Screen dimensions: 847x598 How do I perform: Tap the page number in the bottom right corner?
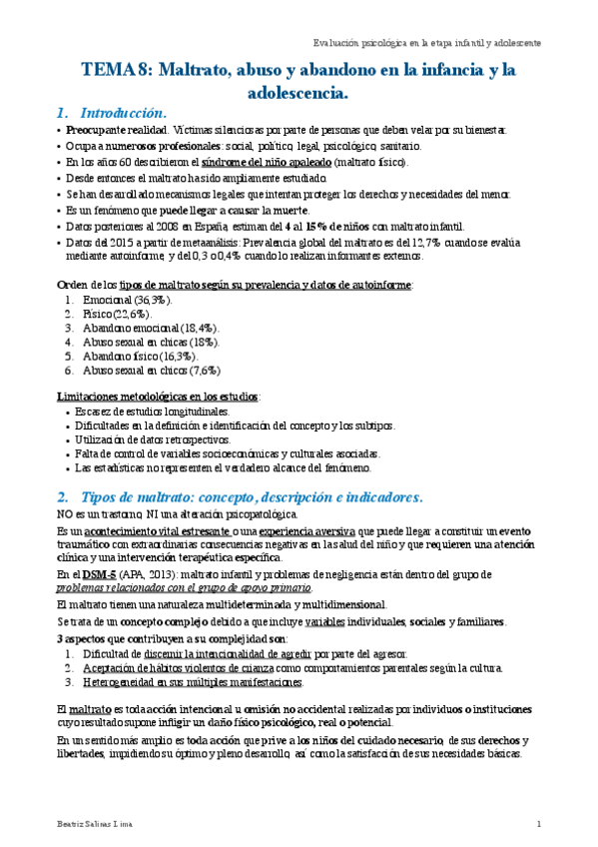(538, 824)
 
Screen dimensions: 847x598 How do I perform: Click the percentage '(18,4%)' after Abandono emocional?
(195, 328)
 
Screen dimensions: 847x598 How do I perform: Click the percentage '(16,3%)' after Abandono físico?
(173, 356)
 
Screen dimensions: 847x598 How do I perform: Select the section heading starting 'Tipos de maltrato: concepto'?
(251, 496)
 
